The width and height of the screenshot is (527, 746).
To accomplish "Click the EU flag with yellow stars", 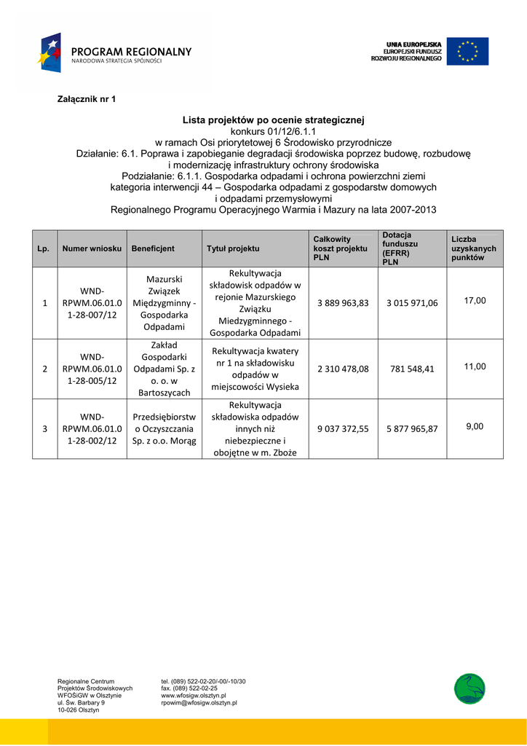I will tap(467, 52).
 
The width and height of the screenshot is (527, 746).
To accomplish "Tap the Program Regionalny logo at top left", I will tap(116, 52).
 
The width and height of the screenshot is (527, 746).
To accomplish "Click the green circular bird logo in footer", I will tap(469, 688).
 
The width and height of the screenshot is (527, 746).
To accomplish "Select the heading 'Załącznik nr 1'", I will tap(87, 98).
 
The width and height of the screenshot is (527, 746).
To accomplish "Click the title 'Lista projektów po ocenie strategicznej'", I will tap(273, 119).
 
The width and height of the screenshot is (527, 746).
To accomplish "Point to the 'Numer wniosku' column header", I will tap(92, 248).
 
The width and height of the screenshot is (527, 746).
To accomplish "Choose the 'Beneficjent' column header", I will tap(153, 248).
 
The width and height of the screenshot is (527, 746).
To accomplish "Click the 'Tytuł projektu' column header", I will tap(233, 248).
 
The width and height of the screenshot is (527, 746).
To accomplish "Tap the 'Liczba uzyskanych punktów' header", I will tap(473, 248).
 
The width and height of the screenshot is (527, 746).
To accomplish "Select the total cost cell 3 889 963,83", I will tap(343, 303).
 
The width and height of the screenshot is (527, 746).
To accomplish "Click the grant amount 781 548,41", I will tap(412, 369).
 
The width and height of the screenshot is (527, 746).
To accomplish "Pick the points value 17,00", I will tap(475, 300).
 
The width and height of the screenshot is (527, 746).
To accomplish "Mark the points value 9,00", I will tap(475, 426).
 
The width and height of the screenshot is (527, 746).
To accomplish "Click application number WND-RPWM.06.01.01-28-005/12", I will tap(92, 369).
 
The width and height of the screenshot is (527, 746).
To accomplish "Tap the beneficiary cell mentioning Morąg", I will tap(165, 429).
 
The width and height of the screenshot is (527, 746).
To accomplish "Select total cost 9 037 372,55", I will tap(343, 429).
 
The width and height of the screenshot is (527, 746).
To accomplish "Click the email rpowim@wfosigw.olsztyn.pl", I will tap(199, 703).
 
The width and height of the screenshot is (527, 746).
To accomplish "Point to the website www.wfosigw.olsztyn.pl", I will tap(194, 696).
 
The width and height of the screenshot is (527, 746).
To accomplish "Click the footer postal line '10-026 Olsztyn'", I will tap(79, 710).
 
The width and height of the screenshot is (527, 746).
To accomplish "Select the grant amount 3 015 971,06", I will tap(412, 303).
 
